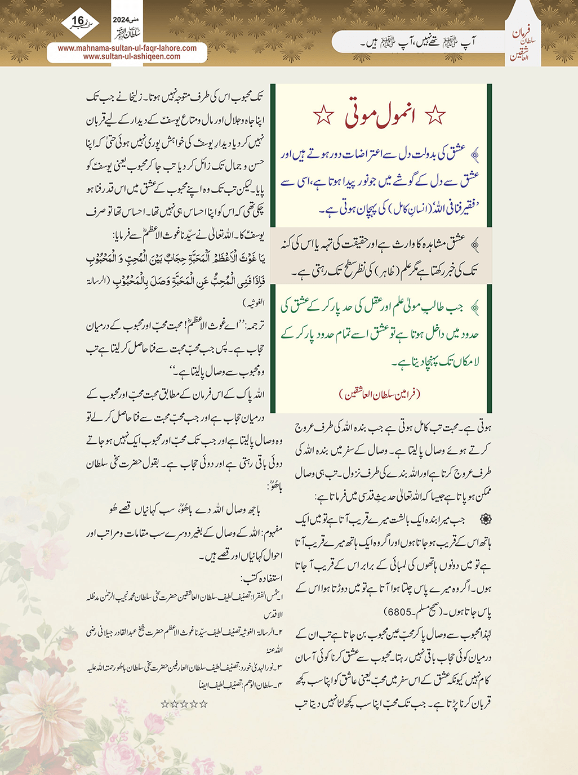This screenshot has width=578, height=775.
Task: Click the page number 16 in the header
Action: [78, 21]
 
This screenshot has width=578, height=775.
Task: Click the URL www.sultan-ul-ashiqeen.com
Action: [132, 56]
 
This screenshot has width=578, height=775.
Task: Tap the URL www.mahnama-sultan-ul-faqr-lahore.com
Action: [127, 48]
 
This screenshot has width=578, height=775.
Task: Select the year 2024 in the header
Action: [121, 19]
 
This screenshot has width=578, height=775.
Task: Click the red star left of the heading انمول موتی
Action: [323, 115]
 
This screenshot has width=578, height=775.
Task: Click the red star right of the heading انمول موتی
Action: [435, 115]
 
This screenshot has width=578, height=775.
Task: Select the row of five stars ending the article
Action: [184, 704]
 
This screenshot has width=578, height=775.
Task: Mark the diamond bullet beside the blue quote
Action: [475, 154]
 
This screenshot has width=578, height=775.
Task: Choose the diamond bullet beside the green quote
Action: [475, 307]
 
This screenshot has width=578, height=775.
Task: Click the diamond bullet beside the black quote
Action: [475, 244]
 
